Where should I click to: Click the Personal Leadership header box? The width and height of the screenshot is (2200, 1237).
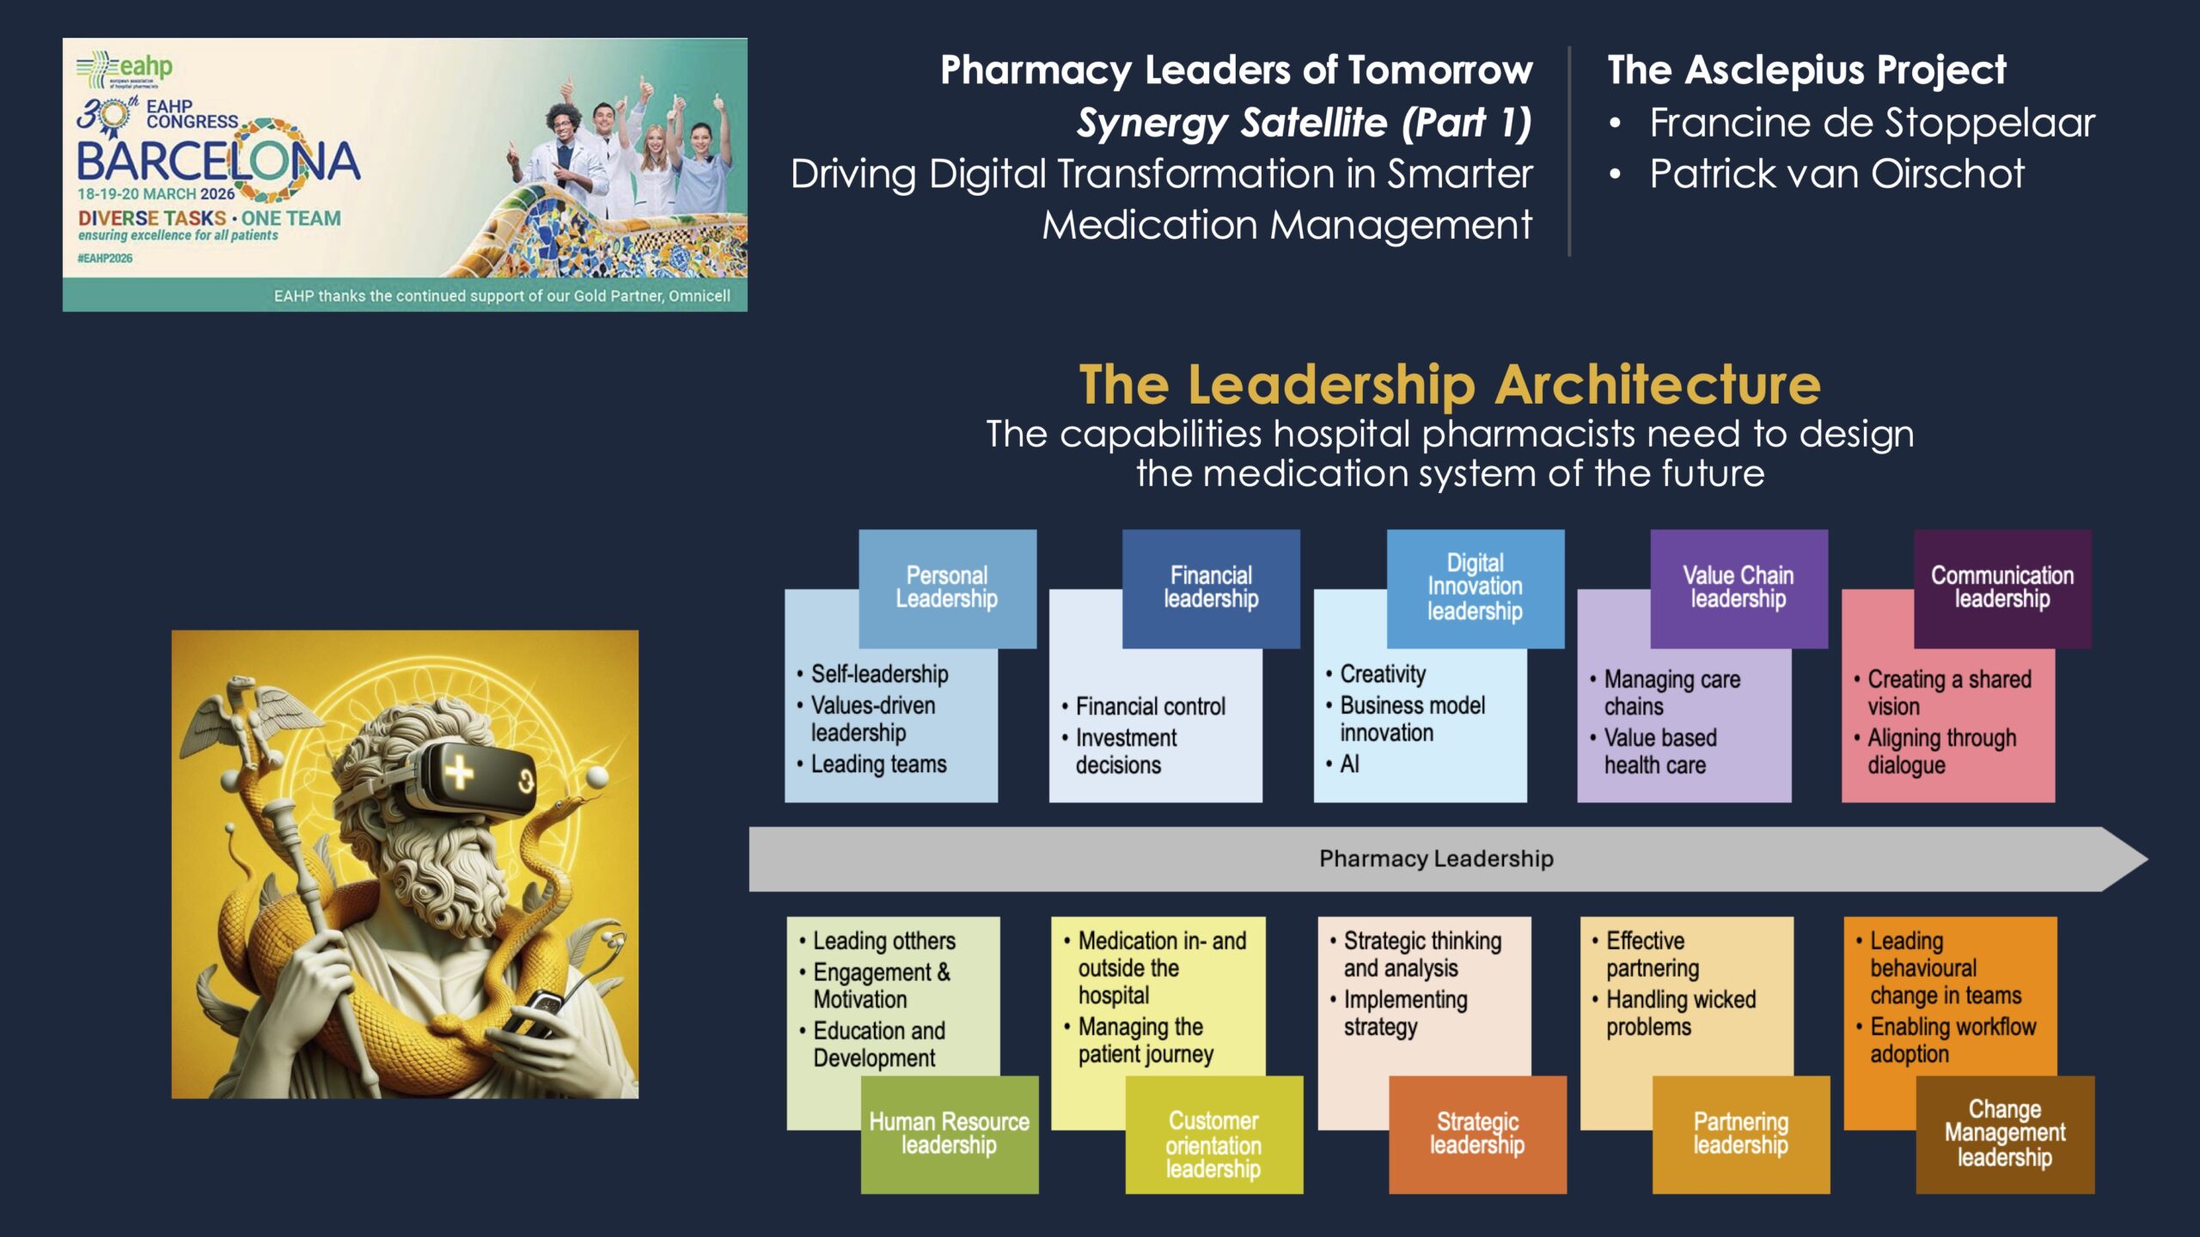click(x=947, y=588)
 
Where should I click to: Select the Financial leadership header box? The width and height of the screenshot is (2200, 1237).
click(x=1211, y=588)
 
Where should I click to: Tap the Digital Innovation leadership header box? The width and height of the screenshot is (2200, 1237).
click(x=1476, y=588)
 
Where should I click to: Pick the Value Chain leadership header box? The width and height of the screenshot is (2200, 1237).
click(x=1739, y=588)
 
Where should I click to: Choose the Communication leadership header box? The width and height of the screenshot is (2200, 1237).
click(x=2002, y=588)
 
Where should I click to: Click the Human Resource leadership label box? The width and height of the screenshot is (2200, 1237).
click(x=950, y=1134)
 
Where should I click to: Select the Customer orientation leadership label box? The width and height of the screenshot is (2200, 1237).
click(x=1214, y=1134)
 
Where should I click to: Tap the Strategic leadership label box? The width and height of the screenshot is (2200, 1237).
click(x=1477, y=1134)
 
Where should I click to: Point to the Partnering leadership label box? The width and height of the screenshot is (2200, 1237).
click(x=1741, y=1134)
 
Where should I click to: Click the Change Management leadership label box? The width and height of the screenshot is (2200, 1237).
click(x=2005, y=1134)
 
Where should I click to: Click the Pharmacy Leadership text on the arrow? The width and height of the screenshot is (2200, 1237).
click(x=1436, y=858)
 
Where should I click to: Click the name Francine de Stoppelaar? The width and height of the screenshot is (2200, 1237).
click(x=1872, y=123)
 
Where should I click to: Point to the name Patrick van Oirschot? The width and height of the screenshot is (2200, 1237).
click(x=1836, y=174)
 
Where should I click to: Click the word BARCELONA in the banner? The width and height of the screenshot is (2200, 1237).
click(x=218, y=161)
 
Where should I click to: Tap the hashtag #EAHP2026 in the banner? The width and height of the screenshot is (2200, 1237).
click(x=105, y=258)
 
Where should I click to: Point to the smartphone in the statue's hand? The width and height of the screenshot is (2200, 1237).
click(x=534, y=1014)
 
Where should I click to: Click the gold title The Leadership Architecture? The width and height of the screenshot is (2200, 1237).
click(x=1450, y=384)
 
